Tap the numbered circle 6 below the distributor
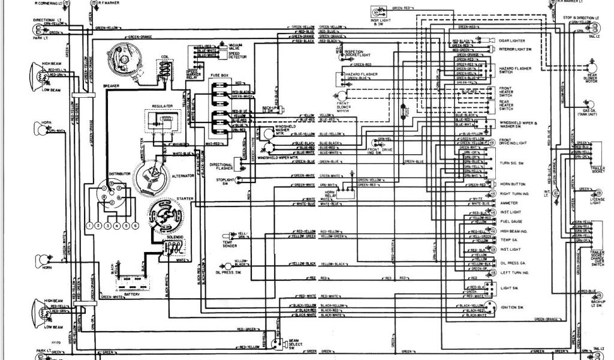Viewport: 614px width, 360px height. click(x=136, y=225)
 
